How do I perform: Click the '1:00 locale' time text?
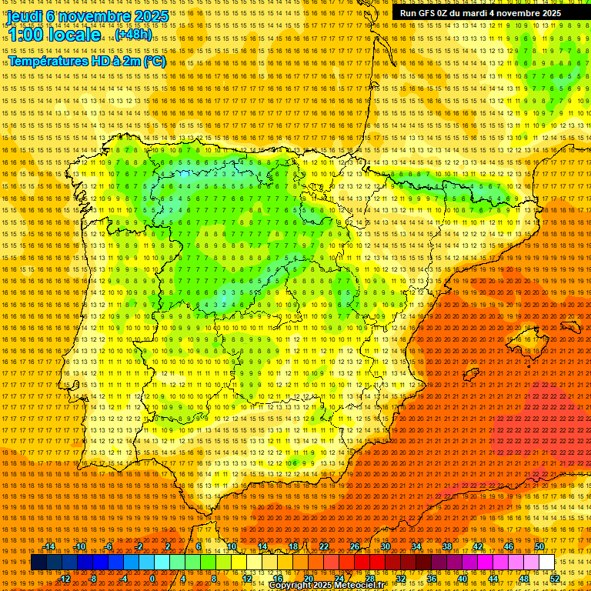point(54,35)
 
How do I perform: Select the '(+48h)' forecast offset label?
point(133,35)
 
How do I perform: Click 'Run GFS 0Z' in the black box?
point(426,13)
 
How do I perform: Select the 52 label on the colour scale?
point(555,579)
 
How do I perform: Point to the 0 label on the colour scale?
point(152,579)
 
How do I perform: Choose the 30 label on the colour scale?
point(385,546)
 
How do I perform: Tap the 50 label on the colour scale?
point(539,546)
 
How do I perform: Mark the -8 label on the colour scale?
point(93,579)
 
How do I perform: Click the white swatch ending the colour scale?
point(546,563)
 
